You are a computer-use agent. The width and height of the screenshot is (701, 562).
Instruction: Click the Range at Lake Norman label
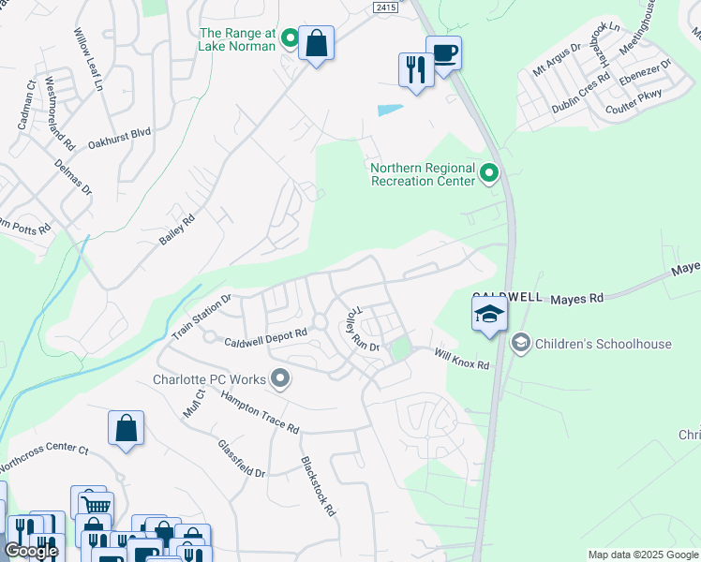click(237, 38)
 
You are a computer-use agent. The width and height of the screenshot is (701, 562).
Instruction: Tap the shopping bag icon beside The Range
click(317, 43)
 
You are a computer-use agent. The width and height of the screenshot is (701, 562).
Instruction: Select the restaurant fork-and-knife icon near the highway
click(415, 69)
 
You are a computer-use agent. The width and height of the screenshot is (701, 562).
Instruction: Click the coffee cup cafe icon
click(443, 52)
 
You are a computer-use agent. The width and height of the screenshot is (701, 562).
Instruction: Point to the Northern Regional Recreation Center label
click(423, 174)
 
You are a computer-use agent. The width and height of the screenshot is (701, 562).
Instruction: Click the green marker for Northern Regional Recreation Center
click(488, 173)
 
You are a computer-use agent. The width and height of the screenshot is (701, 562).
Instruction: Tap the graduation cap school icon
click(488, 314)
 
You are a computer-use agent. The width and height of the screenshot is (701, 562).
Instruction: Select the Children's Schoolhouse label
click(603, 344)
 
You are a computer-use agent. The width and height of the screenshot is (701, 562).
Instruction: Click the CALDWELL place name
click(507, 296)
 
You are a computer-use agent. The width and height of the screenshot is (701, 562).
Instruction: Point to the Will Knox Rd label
click(461, 358)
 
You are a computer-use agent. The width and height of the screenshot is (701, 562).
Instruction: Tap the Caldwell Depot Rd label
click(265, 334)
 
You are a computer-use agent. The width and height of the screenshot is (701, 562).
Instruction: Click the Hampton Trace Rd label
click(260, 411)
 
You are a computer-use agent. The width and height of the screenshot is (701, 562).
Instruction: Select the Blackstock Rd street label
click(318, 486)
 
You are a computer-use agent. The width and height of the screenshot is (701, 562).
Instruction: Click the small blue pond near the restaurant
click(391, 110)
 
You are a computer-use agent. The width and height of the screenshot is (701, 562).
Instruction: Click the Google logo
click(31, 551)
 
